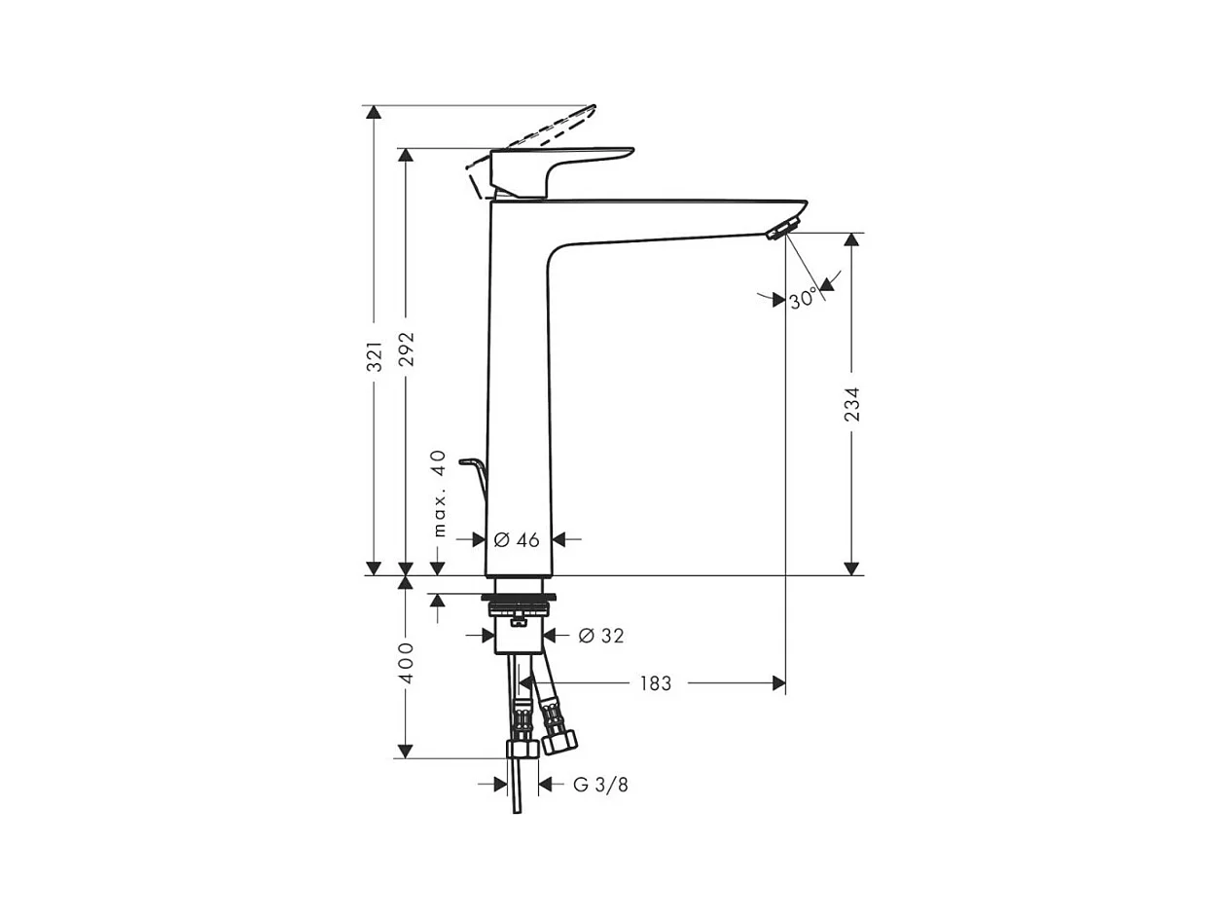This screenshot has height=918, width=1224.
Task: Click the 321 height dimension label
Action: (x=375, y=356)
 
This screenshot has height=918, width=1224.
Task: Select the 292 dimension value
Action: (x=407, y=349)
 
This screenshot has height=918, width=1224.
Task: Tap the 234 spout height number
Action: (x=851, y=404)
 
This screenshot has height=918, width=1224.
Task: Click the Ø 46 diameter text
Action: (x=517, y=539)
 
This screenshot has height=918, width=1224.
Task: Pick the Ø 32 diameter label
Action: (x=601, y=636)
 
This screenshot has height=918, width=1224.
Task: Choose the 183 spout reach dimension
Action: (x=655, y=683)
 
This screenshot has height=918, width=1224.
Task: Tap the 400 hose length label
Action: (x=407, y=664)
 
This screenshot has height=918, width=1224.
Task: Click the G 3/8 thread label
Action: (x=600, y=785)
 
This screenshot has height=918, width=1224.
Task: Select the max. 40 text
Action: (x=440, y=494)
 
